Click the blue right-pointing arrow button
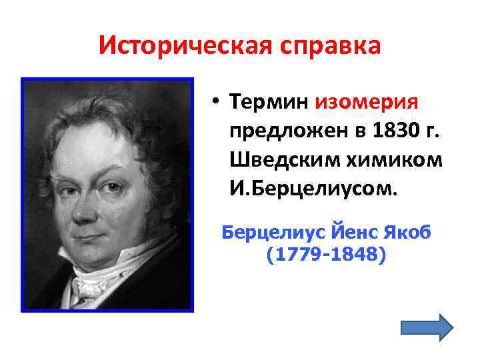pos(427,327)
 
